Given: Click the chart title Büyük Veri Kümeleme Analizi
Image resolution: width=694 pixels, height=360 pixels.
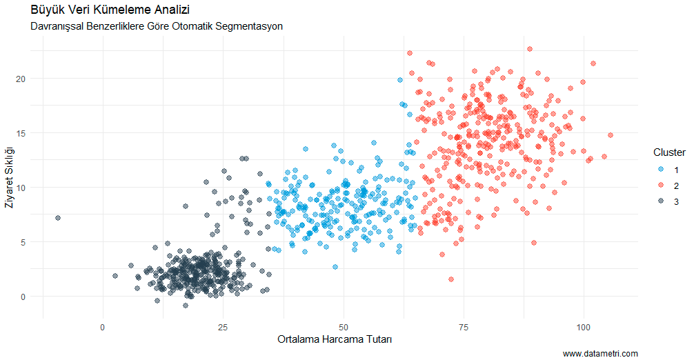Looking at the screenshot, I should pyautogui.click(x=110, y=10).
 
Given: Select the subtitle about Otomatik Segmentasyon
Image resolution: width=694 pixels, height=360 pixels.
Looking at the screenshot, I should pyautogui.click(x=157, y=26).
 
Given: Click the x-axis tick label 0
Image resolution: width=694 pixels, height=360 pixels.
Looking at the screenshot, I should pyautogui.click(x=103, y=326).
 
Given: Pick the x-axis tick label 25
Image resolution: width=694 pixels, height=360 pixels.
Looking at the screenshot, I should pyautogui.click(x=223, y=326).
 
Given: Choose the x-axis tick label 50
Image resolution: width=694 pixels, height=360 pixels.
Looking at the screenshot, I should pyautogui.click(x=343, y=326).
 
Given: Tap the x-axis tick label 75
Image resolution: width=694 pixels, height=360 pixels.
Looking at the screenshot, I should pyautogui.click(x=464, y=326).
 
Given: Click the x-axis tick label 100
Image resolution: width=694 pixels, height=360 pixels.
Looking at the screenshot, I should pyautogui.click(x=584, y=326).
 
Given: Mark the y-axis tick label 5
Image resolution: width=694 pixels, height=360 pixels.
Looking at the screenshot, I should pyautogui.click(x=23, y=242).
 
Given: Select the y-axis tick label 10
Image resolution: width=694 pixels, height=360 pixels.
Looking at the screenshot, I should pyautogui.click(x=21, y=188).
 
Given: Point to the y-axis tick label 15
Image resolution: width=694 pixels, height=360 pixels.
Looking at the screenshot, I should pyautogui.click(x=21, y=133).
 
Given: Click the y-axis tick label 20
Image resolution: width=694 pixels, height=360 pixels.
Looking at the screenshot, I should pyautogui.click(x=21, y=79).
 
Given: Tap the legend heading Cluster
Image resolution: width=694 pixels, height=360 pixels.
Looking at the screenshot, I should pyautogui.click(x=668, y=152).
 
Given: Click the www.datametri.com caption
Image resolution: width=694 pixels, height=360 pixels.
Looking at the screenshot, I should pyautogui.click(x=600, y=353).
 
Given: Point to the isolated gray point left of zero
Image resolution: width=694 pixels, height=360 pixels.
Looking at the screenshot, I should pyautogui.click(x=58, y=218).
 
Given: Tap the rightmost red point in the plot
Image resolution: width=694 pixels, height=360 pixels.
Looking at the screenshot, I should pyautogui.click(x=611, y=135).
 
